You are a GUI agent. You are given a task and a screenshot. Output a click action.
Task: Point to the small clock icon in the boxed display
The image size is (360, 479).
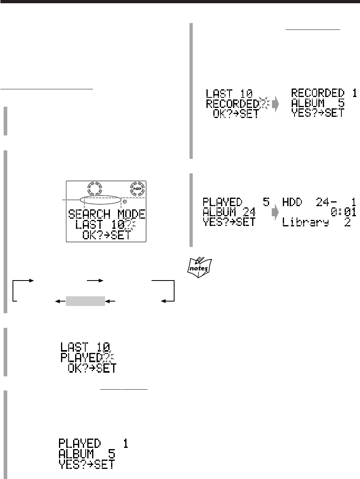tap(125, 202)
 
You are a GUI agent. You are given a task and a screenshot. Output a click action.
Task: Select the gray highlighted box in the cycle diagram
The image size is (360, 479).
tap(86, 300)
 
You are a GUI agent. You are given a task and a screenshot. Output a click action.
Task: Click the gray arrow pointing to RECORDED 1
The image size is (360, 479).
tap(276, 104)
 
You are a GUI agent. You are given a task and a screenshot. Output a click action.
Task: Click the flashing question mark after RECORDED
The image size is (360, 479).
tap(264, 103)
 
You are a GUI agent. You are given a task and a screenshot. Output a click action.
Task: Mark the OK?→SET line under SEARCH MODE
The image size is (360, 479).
tap(103, 235)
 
